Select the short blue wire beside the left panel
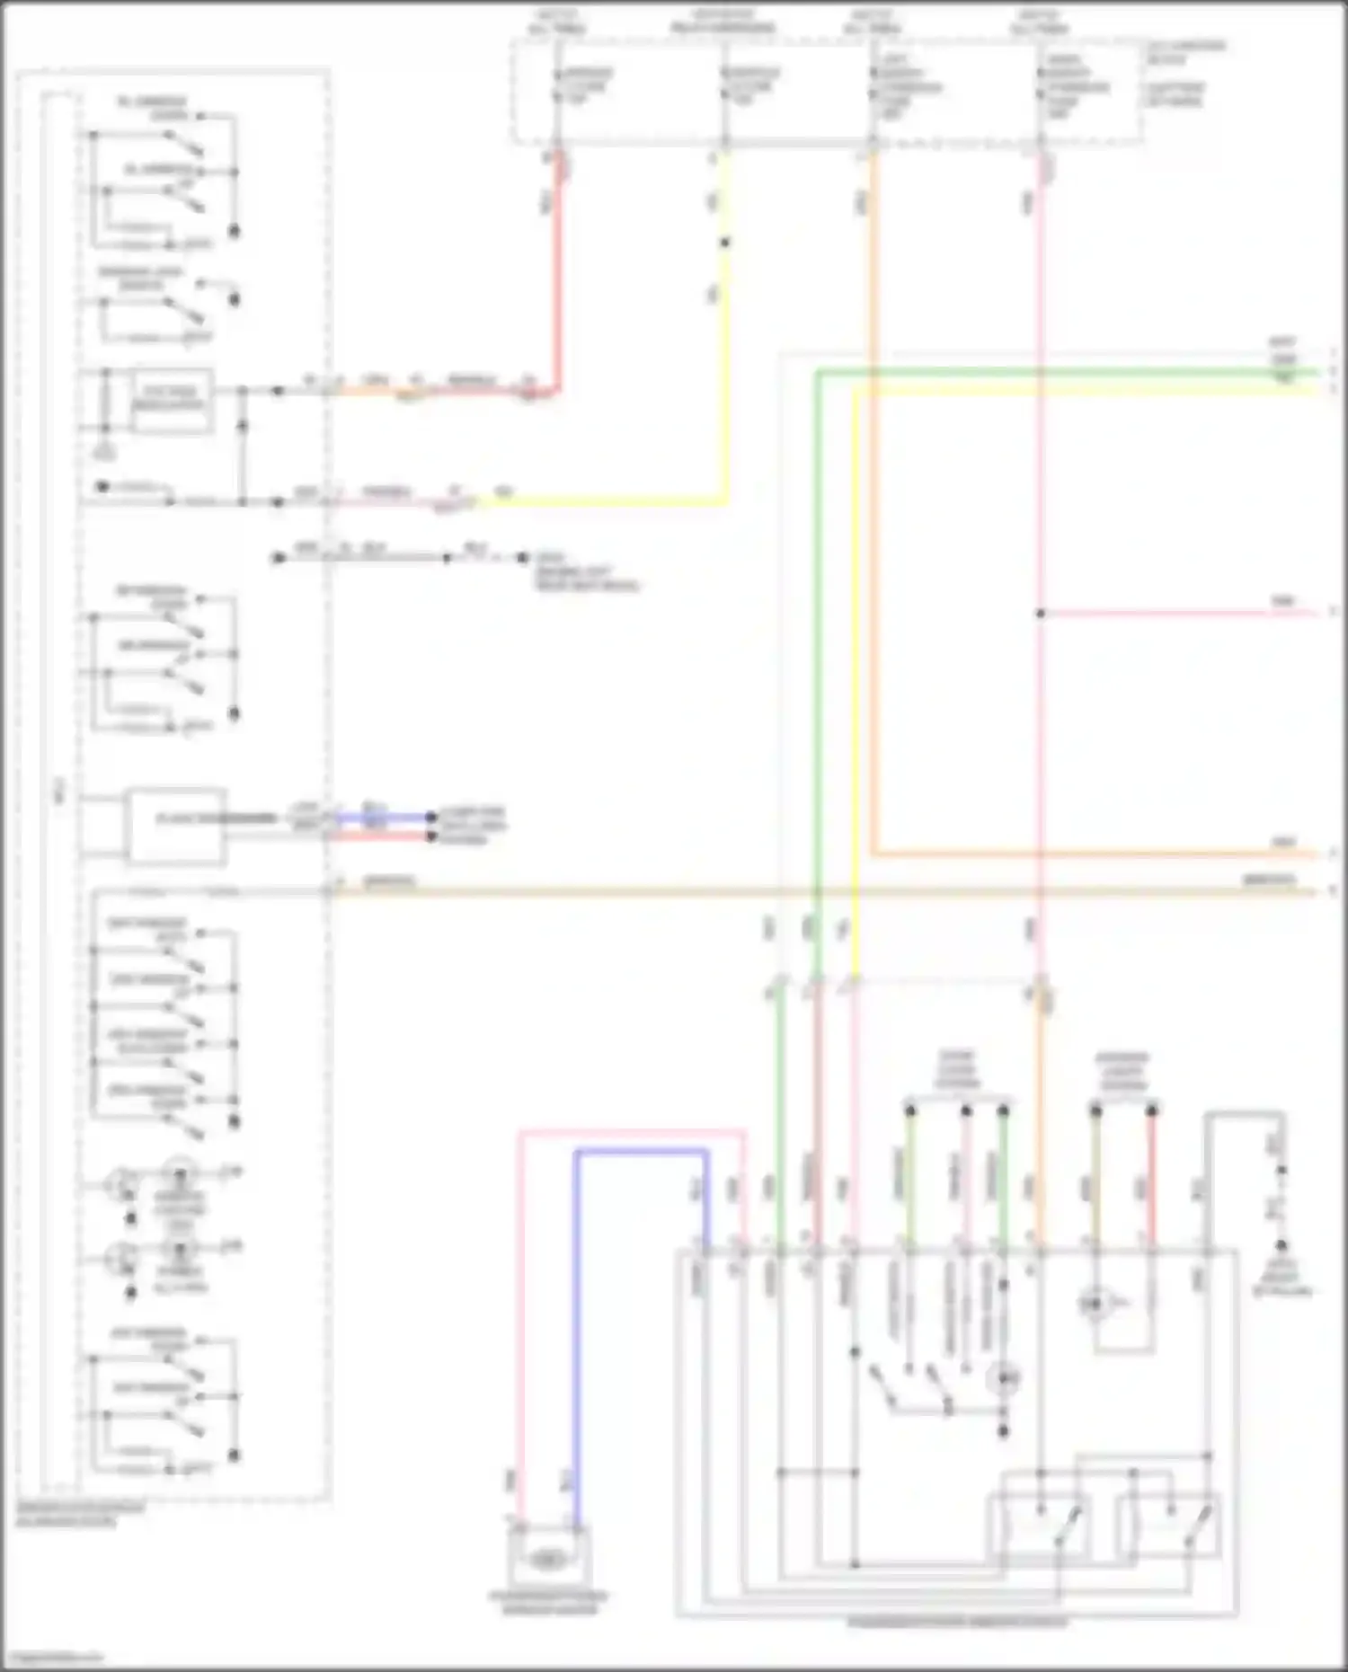click(x=382, y=818)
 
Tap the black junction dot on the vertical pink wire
click(x=1040, y=614)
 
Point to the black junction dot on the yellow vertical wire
click(x=724, y=243)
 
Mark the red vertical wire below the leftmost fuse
click(x=557, y=270)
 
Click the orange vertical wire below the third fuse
click(x=874, y=539)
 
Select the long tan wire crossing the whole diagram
click(x=809, y=891)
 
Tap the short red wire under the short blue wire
click(x=382, y=836)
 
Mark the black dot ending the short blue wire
click(x=431, y=818)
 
